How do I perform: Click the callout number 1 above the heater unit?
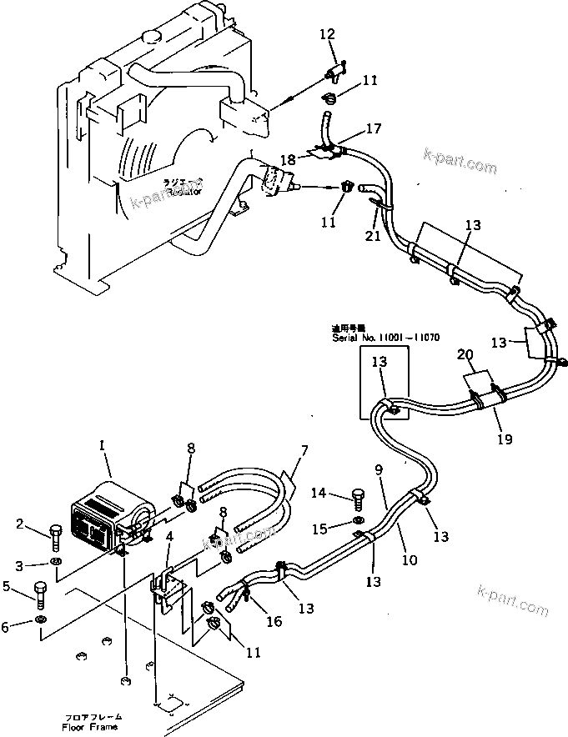point(102,447)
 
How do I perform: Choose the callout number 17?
point(373,129)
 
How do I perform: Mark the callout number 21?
point(373,237)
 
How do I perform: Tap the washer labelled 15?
point(357,527)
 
